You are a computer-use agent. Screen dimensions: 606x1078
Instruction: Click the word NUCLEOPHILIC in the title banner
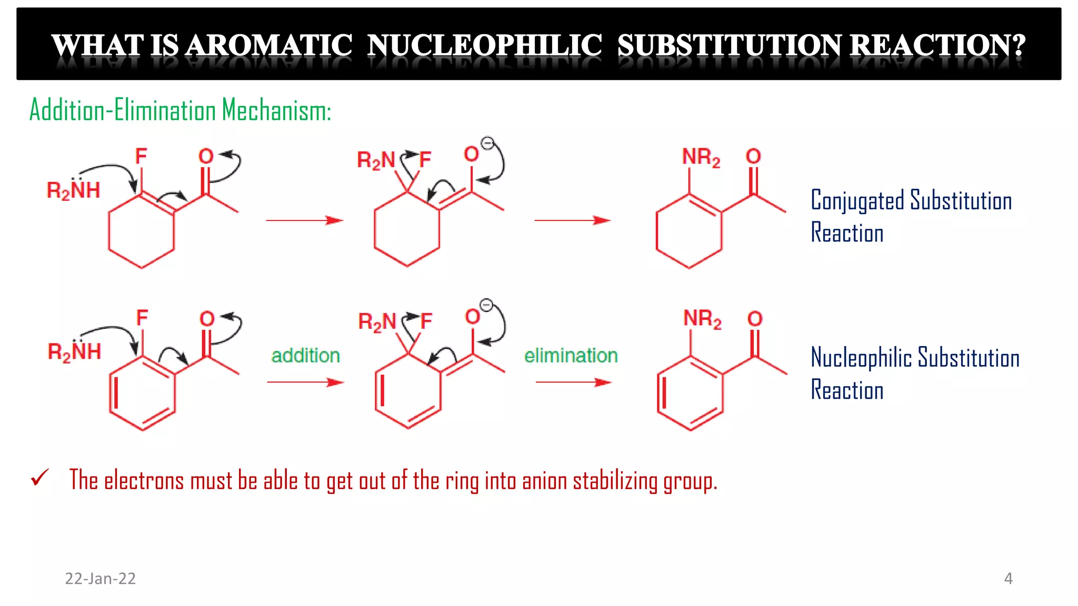pyautogui.click(x=484, y=45)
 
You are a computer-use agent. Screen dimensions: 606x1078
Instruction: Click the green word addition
pyautogui.click(x=305, y=356)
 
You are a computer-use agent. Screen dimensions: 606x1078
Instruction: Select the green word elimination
pyautogui.click(x=571, y=356)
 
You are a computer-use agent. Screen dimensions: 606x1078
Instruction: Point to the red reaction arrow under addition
pyautogui.click(x=305, y=382)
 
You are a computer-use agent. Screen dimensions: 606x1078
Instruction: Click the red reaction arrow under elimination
pyautogui.click(x=573, y=382)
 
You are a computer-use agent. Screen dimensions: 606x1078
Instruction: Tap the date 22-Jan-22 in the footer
pyautogui.click(x=100, y=579)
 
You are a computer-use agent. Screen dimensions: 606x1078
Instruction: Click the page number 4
pyautogui.click(x=1008, y=579)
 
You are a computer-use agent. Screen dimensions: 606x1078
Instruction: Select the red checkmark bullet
pyautogui.click(x=40, y=478)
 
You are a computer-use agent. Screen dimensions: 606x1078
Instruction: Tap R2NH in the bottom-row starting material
pyautogui.click(x=74, y=351)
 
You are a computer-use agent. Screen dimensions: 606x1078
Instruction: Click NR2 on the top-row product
pyautogui.click(x=701, y=157)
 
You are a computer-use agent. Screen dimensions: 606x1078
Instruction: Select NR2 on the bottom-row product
pyautogui.click(x=702, y=319)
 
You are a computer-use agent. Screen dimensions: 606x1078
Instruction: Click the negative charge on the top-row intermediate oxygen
pyautogui.click(x=488, y=143)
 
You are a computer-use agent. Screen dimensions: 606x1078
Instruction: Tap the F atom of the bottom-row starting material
pyautogui.click(x=142, y=318)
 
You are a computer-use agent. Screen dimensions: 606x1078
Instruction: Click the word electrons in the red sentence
pyautogui.click(x=144, y=481)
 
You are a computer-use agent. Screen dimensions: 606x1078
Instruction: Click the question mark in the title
pyautogui.click(x=1018, y=45)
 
